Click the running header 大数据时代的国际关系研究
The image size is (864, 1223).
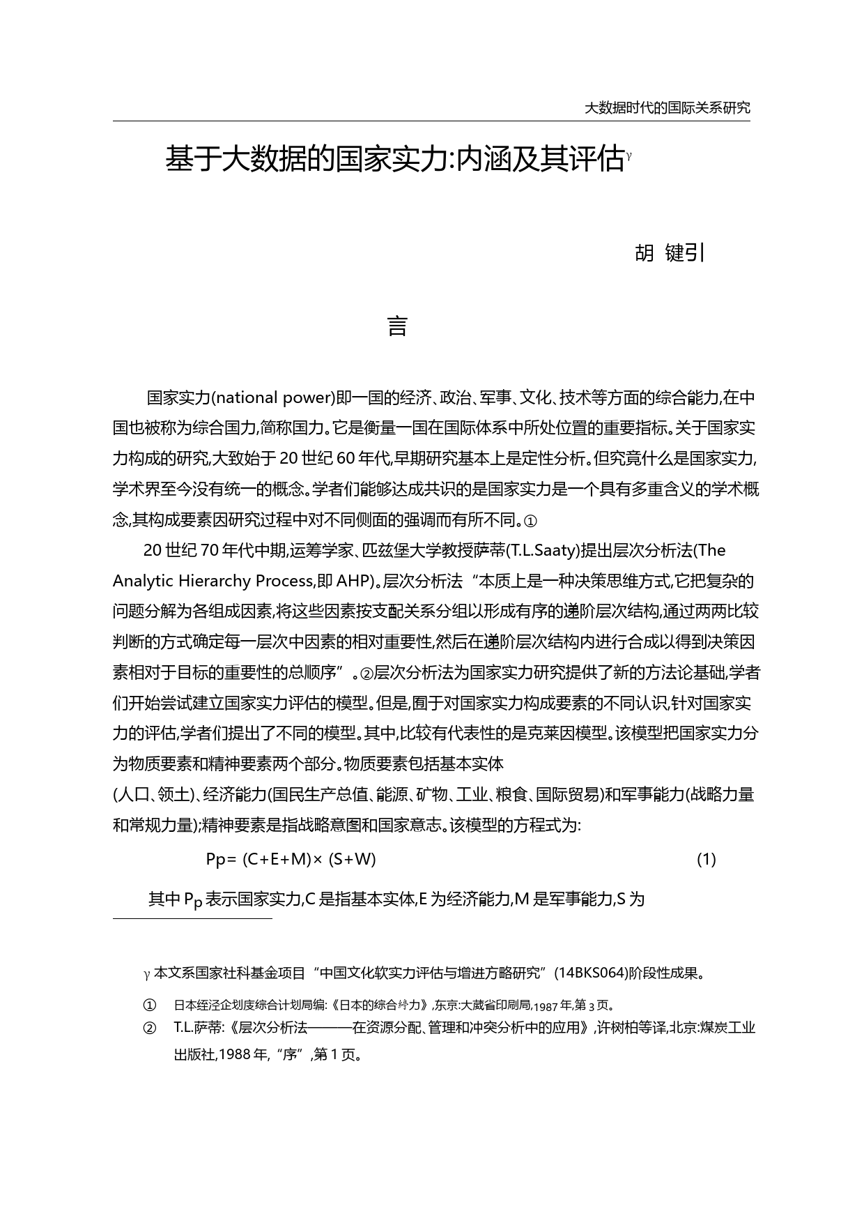[667, 108]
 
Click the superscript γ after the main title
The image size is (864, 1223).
[628, 155]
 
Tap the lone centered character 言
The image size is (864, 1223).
[397, 326]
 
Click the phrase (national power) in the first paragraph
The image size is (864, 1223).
[272, 398]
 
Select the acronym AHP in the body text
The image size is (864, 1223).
[354, 581]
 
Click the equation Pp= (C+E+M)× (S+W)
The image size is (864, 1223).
[291, 859]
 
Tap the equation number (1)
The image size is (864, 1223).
[706, 859]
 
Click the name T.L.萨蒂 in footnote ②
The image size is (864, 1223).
[196, 1027]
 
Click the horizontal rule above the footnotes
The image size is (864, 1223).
[192, 919]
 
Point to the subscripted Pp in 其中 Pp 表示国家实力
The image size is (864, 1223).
[193, 900]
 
